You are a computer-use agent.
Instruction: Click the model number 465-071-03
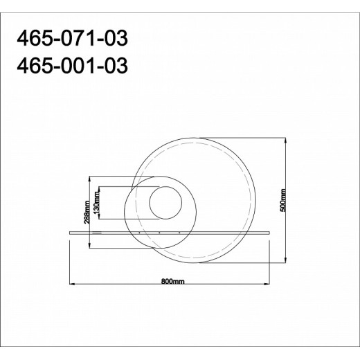pyautogui.click(x=72, y=38)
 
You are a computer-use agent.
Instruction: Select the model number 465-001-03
pyautogui.click(x=72, y=66)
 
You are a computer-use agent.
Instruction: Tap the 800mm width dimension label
pyautogui.click(x=172, y=281)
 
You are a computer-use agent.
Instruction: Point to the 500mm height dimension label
pyautogui.click(x=283, y=200)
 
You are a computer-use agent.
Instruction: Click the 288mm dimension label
pyautogui.click(x=87, y=212)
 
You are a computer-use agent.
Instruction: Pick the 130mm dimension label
pyautogui.click(x=96, y=202)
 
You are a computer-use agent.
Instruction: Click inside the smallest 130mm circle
pyautogui.click(x=165, y=202)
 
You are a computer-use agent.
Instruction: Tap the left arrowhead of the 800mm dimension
pyautogui.click(x=72, y=284)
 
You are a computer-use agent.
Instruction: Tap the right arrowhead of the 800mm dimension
pyautogui.click(x=267, y=284)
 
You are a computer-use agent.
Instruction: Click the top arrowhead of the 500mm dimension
pyautogui.click(x=286, y=141)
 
